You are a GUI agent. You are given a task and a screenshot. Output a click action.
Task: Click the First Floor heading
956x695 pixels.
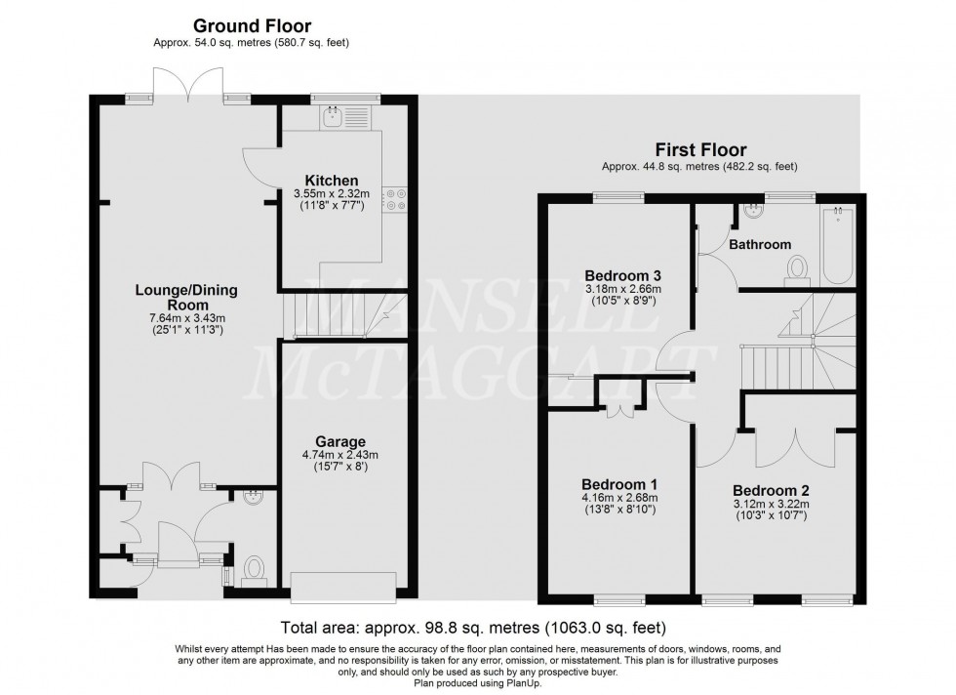pyautogui.click(x=700, y=150)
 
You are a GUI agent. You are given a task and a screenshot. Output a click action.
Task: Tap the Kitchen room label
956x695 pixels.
pyautogui.click(x=332, y=182)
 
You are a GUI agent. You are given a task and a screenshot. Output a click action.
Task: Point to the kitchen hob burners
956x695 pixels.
pyautogui.click(x=397, y=199)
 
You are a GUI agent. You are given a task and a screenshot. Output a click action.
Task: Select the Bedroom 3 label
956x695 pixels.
pyautogui.click(x=621, y=274)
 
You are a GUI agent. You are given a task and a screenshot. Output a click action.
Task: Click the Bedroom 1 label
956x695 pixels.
pyautogui.click(x=618, y=485)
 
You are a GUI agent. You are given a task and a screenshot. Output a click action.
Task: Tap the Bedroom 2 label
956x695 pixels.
pyautogui.click(x=771, y=490)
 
